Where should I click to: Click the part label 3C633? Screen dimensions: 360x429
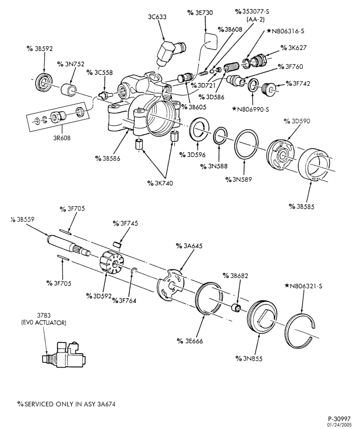pyautogui.click(x=157, y=17)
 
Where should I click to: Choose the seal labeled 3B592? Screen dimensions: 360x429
pyautogui.click(x=44, y=82)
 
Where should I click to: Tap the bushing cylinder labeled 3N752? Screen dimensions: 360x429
pyautogui.click(x=69, y=90)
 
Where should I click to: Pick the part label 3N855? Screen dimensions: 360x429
pyautogui.click(x=249, y=358)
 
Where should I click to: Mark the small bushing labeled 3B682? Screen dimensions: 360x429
pyautogui.click(x=236, y=307)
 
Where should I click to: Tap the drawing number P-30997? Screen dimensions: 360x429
pyautogui.click(x=339, y=419)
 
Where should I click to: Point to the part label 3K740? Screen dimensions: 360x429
pyautogui.click(x=160, y=183)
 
